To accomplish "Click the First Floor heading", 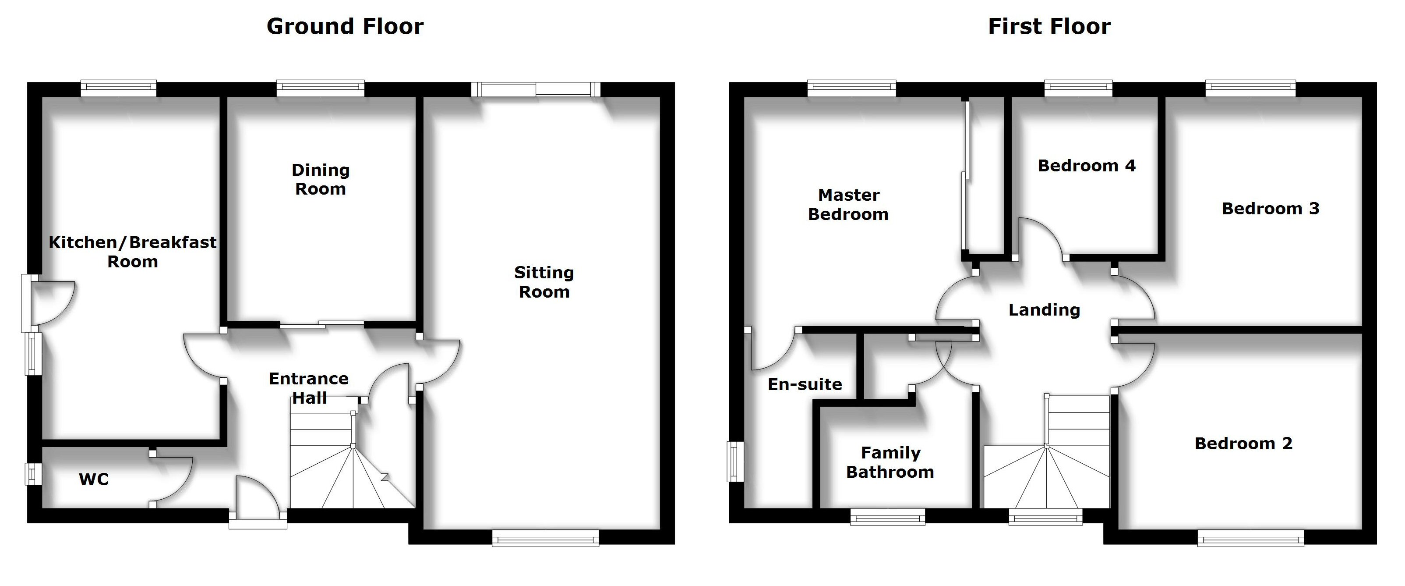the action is click(1049, 26).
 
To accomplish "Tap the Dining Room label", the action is click(321, 180).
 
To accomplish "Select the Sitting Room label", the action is click(544, 282).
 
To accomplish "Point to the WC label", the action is click(94, 479).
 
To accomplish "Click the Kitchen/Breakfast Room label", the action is click(133, 252).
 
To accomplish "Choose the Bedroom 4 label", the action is click(1087, 165).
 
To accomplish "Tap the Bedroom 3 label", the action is click(1270, 209).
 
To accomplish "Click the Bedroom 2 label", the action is click(1243, 444).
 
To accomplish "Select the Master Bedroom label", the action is click(849, 205).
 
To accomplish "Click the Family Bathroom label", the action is click(890, 462).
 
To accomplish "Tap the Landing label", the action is click(1044, 310).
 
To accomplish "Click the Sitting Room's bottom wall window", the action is click(545, 539).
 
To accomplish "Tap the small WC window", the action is click(33, 474).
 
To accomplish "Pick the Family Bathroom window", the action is click(888, 517).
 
